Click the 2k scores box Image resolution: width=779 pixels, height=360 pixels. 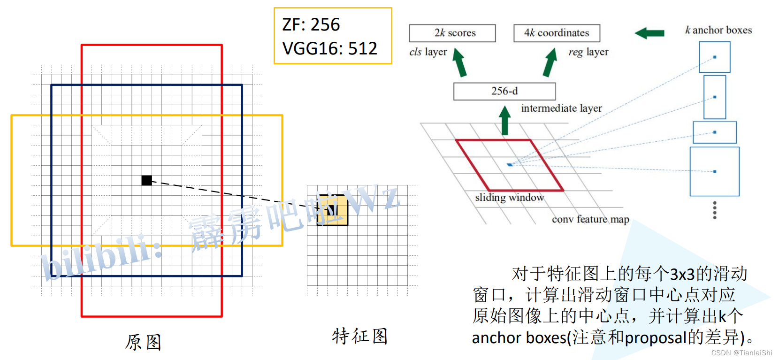[452, 33]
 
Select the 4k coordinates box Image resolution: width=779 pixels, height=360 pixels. [557, 33]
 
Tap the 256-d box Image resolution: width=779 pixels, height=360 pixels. [504, 91]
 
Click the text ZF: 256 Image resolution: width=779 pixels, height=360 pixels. [311, 24]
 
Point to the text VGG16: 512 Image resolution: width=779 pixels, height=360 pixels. [329, 48]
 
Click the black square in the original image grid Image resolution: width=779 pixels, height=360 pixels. [146, 180]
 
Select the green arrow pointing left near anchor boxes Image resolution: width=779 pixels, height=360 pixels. [649, 33]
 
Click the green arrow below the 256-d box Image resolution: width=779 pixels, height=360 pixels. [505, 120]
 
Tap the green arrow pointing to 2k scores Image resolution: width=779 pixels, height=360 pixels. [459, 62]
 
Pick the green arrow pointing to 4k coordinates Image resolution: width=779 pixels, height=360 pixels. [550, 62]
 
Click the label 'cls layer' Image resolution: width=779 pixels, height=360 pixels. [428, 52]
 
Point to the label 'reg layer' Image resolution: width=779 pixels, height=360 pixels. [588, 52]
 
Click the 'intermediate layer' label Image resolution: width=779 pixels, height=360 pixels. [561, 108]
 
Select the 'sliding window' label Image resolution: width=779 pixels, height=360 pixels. [510, 198]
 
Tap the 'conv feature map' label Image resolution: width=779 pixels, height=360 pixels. [590, 219]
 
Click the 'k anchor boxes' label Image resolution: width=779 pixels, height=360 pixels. [718, 30]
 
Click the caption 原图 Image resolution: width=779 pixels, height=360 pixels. [143, 342]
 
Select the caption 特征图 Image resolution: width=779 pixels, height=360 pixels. [359, 336]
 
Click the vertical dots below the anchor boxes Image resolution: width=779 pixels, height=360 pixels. [715, 210]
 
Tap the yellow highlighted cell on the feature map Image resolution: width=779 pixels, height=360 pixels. [333, 210]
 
